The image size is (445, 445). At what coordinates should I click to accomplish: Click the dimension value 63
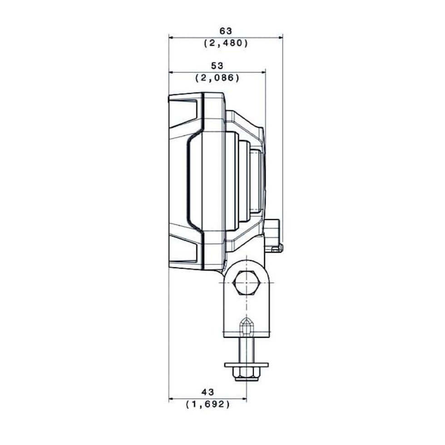[x=226, y=31]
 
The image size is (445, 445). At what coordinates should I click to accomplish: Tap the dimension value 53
[x=217, y=66]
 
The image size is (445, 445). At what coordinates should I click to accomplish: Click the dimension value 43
[x=208, y=392]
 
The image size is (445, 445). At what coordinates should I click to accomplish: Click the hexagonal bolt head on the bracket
[x=247, y=283]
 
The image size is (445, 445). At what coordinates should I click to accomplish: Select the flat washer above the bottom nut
[x=246, y=365]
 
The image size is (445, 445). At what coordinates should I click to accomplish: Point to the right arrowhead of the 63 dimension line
[x=281, y=37]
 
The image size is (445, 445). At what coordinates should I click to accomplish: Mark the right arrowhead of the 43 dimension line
[x=244, y=399]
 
